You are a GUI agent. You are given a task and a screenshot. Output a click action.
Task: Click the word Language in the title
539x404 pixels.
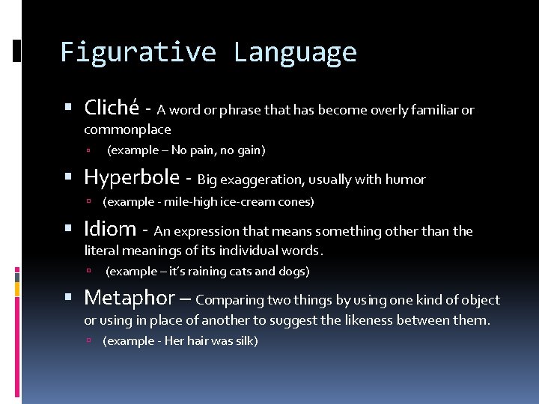point(295,52)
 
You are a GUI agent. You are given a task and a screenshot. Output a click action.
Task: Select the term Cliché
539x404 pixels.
point(111,108)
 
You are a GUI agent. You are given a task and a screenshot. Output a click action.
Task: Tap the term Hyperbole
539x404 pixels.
point(132,177)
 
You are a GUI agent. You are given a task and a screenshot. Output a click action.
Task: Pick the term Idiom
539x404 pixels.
point(110,229)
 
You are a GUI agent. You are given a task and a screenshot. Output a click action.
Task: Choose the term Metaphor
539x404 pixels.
point(129,298)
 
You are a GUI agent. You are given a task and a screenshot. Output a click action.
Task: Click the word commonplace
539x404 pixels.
point(127,129)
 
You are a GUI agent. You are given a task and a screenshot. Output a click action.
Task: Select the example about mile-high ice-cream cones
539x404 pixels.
point(208,202)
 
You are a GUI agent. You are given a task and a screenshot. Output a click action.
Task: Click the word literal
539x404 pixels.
point(100,251)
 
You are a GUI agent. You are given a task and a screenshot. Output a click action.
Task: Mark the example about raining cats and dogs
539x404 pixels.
point(207,272)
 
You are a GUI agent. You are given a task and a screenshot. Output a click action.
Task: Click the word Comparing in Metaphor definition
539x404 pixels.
point(230,300)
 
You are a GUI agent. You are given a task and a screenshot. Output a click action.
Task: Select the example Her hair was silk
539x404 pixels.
point(180,341)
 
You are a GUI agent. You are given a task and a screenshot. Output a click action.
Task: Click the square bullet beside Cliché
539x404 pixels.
point(69,109)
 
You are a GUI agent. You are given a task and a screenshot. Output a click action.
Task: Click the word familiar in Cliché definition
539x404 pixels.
point(432,110)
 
